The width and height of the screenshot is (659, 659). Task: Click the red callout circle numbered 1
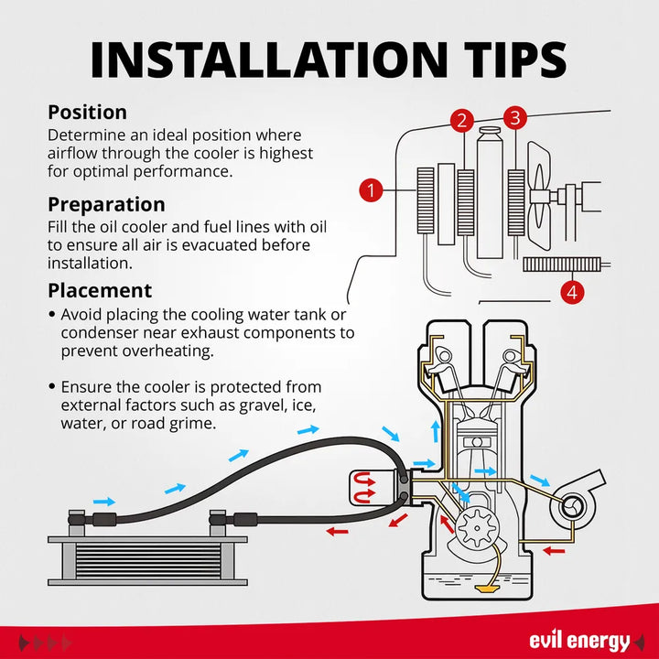pos(371,190)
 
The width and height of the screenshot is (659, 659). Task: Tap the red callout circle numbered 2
pos(462,120)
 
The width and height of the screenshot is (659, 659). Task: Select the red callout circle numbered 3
pos(514,118)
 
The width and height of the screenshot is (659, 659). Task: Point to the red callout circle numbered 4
pos(572,292)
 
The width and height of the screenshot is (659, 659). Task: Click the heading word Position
pos(88,113)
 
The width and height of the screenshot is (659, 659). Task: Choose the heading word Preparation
pos(106,205)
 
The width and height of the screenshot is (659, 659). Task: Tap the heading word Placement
pos(100,290)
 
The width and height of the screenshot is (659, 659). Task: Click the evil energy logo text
pos(579,641)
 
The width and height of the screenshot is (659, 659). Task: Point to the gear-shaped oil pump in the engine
pos(478,528)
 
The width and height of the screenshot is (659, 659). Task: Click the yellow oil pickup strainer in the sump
pos(487,588)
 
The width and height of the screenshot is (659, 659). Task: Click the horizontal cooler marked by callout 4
pos(562,265)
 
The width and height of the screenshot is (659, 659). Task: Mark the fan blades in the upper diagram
pos(538,196)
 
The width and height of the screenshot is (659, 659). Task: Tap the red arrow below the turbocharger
pos(554,551)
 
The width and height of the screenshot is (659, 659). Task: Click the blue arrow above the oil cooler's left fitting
pos(103,502)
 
